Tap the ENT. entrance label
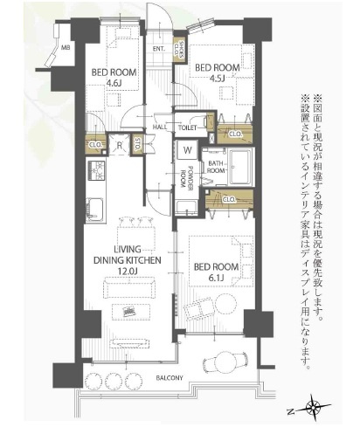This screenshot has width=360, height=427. [160, 49]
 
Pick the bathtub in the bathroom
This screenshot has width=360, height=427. [239, 164]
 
